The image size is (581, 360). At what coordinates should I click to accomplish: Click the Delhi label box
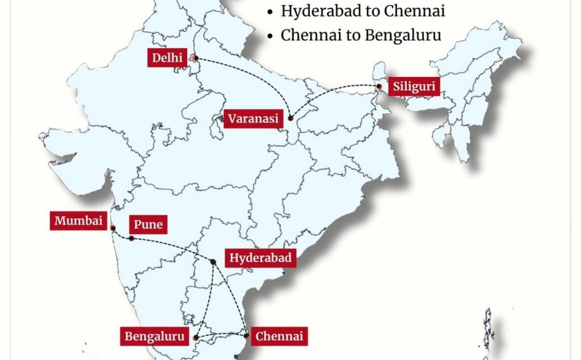pos(167,58)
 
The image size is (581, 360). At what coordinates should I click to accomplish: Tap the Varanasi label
pos(254,119)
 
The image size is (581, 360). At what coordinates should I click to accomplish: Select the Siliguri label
pos(414,87)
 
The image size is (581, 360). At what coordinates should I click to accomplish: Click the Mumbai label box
pos(78,221)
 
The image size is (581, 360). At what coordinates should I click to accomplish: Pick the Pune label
pos(148,225)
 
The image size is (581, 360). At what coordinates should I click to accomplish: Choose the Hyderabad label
pos(260,259)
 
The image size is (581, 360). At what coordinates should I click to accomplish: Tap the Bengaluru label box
pos(155,337)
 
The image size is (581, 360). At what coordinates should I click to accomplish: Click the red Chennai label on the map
pos(279,336)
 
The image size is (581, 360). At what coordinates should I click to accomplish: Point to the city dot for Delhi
pos(195,57)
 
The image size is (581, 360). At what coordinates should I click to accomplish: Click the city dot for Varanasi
pos(290,118)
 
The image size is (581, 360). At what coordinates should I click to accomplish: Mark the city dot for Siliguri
pos(378,87)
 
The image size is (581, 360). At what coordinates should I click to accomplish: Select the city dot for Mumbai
pos(113,228)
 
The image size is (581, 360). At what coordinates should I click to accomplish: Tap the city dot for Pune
pos(132,238)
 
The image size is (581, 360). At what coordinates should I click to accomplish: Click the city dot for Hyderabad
pos(213,261)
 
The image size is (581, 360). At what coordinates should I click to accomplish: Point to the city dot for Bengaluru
pos(196,337)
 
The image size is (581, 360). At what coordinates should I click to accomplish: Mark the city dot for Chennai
pos(245,336)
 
